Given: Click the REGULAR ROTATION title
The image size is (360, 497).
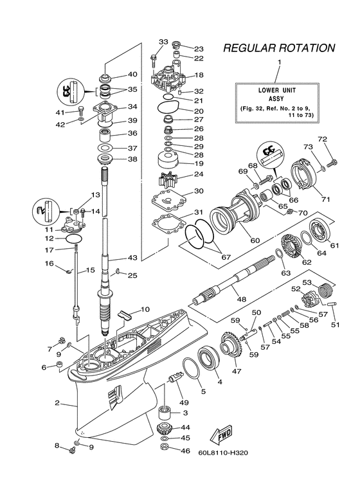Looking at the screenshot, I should pos(278,48).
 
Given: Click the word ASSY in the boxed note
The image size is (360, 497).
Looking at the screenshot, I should pos(280,100).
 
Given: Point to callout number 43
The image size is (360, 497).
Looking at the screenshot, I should pos(132,258).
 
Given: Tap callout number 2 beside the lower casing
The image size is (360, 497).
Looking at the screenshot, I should pos(57,403).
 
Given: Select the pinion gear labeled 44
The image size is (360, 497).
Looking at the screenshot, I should pos(164,429).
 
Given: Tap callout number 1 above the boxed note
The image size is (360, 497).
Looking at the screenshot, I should pos(280,62).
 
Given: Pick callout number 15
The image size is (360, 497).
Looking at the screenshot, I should pos(91,270).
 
